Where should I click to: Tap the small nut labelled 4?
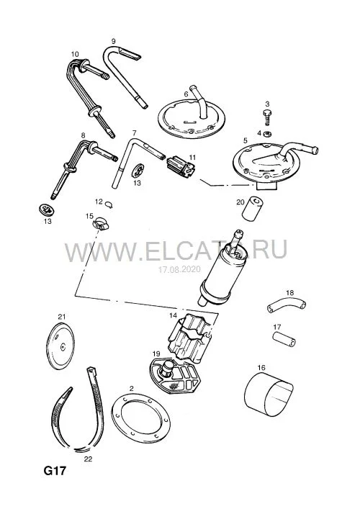pos(268,133)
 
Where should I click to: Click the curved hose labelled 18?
pos(287,306)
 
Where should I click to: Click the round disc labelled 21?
pos(60,347)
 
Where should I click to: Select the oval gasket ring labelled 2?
pos(140,418)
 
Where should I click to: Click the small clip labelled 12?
pos(109,204)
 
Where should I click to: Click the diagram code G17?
pos(55,471)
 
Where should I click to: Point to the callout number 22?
pos(88,459)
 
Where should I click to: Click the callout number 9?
pos(113,41)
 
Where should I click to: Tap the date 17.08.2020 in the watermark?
pos(179,269)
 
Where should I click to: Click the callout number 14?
pos(173,315)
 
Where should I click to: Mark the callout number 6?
pos(186,94)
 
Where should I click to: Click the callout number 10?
pos(75,54)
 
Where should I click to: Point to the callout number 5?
pos(245,140)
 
